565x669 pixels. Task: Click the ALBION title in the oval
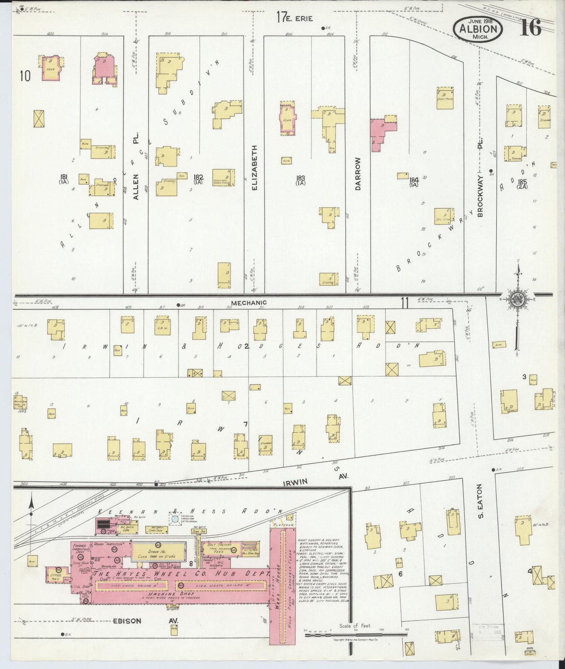478,29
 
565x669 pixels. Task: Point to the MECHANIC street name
249,302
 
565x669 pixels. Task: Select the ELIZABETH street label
255,168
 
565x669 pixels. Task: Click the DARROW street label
358,174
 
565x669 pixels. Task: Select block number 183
300,180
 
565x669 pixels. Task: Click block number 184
414,182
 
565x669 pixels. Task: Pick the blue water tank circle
175,519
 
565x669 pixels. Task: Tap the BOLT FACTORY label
219,545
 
